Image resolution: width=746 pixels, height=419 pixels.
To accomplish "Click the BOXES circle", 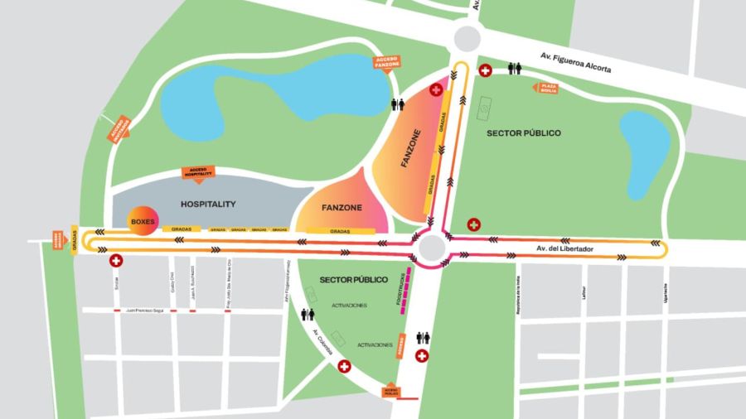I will [142, 222].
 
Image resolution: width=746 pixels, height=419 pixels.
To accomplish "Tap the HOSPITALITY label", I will [208, 204].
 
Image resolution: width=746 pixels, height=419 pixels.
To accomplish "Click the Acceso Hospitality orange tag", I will [198, 172].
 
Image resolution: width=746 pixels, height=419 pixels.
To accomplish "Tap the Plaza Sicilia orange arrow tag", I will [548, 88].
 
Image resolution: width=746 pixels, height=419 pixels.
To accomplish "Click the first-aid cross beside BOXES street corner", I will [116, 260].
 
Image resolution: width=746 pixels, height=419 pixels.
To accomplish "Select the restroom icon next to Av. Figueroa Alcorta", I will [515, 70].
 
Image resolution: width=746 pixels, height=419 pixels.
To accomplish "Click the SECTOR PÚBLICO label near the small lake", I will [523, 132].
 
